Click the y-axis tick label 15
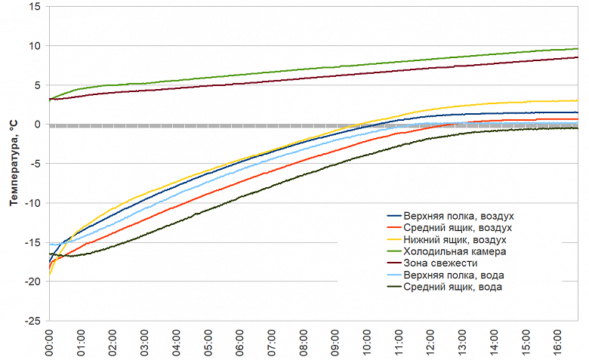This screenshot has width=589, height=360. [35, 7]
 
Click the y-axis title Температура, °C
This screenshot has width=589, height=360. [13, 162]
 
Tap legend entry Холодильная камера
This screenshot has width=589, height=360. [455, 251]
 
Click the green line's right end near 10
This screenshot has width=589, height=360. [578, 49]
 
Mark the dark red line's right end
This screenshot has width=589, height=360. [578, 57]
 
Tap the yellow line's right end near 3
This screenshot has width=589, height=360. [578, 100]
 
